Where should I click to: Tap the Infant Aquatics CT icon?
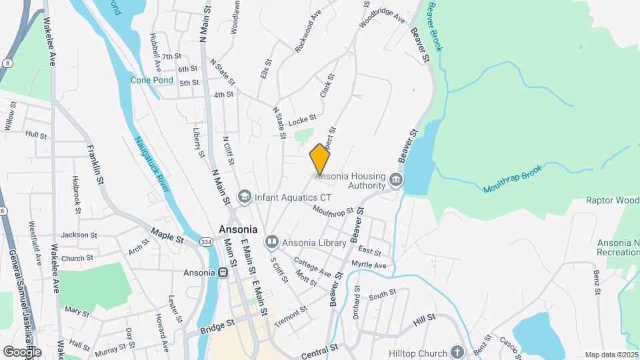point(245,197)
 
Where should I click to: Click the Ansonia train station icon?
point(225,273)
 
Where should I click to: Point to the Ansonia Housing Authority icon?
point(396,181)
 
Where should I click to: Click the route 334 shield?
point(207,241)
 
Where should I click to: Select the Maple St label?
point(167,234)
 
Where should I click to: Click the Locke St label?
point(302,120)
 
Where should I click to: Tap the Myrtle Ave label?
point(369,265)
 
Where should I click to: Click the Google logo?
point(22,351)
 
